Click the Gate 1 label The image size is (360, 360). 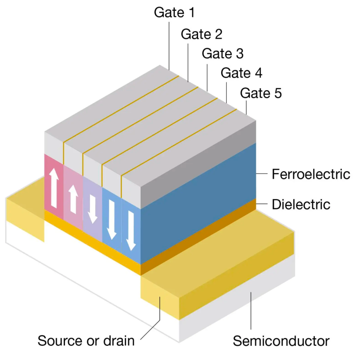pyautogui.click(x=174, y=13)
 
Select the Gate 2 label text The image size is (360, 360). pyautogui.click(x=202, y=34)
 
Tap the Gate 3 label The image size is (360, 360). pyautogui.click(x=223, y=53)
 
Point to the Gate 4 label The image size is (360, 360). pyautogui.click(x=242, y=73)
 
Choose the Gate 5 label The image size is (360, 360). pyautogui.click(x=261, y=93)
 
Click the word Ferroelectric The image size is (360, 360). pyautogui.click(x=311, y=174)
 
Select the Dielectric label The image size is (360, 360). pyautogui.click(x=301, y=204)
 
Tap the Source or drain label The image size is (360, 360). pyautogui.click(x=86, y=341)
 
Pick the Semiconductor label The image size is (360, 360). pyautogui.click(x=281, y=341)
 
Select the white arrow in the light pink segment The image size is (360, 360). pyautogui.click(x=73, y=200)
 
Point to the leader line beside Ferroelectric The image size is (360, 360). pyautogui.click(x=262, y=174)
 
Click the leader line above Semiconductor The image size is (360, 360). pyautogui.click(x=251, y=310)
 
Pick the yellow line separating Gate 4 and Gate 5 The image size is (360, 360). pyautogui.click(x=178, y=142)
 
